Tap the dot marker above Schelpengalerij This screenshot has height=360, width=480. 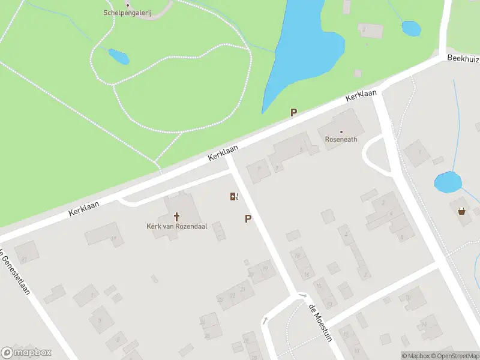point(127,4)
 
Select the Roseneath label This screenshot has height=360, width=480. point(341,139)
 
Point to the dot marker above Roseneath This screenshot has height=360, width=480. point(341,131)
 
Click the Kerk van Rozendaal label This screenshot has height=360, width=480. point(176,226)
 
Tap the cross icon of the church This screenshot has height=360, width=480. point(177,217)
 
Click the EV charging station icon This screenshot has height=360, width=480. point(234,196)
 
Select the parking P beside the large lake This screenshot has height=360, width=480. point(294,112)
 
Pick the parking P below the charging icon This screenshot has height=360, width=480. point(248,219)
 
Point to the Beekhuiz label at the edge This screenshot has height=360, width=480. point(463,59)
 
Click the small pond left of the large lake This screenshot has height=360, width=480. point(118,56)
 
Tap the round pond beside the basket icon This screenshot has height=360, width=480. point(448,182)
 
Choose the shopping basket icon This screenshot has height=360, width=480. point(461,211)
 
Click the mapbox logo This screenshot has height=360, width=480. point(26,353)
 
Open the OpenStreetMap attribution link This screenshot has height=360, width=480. point(455,356)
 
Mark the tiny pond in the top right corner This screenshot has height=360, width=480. point(411,28)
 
